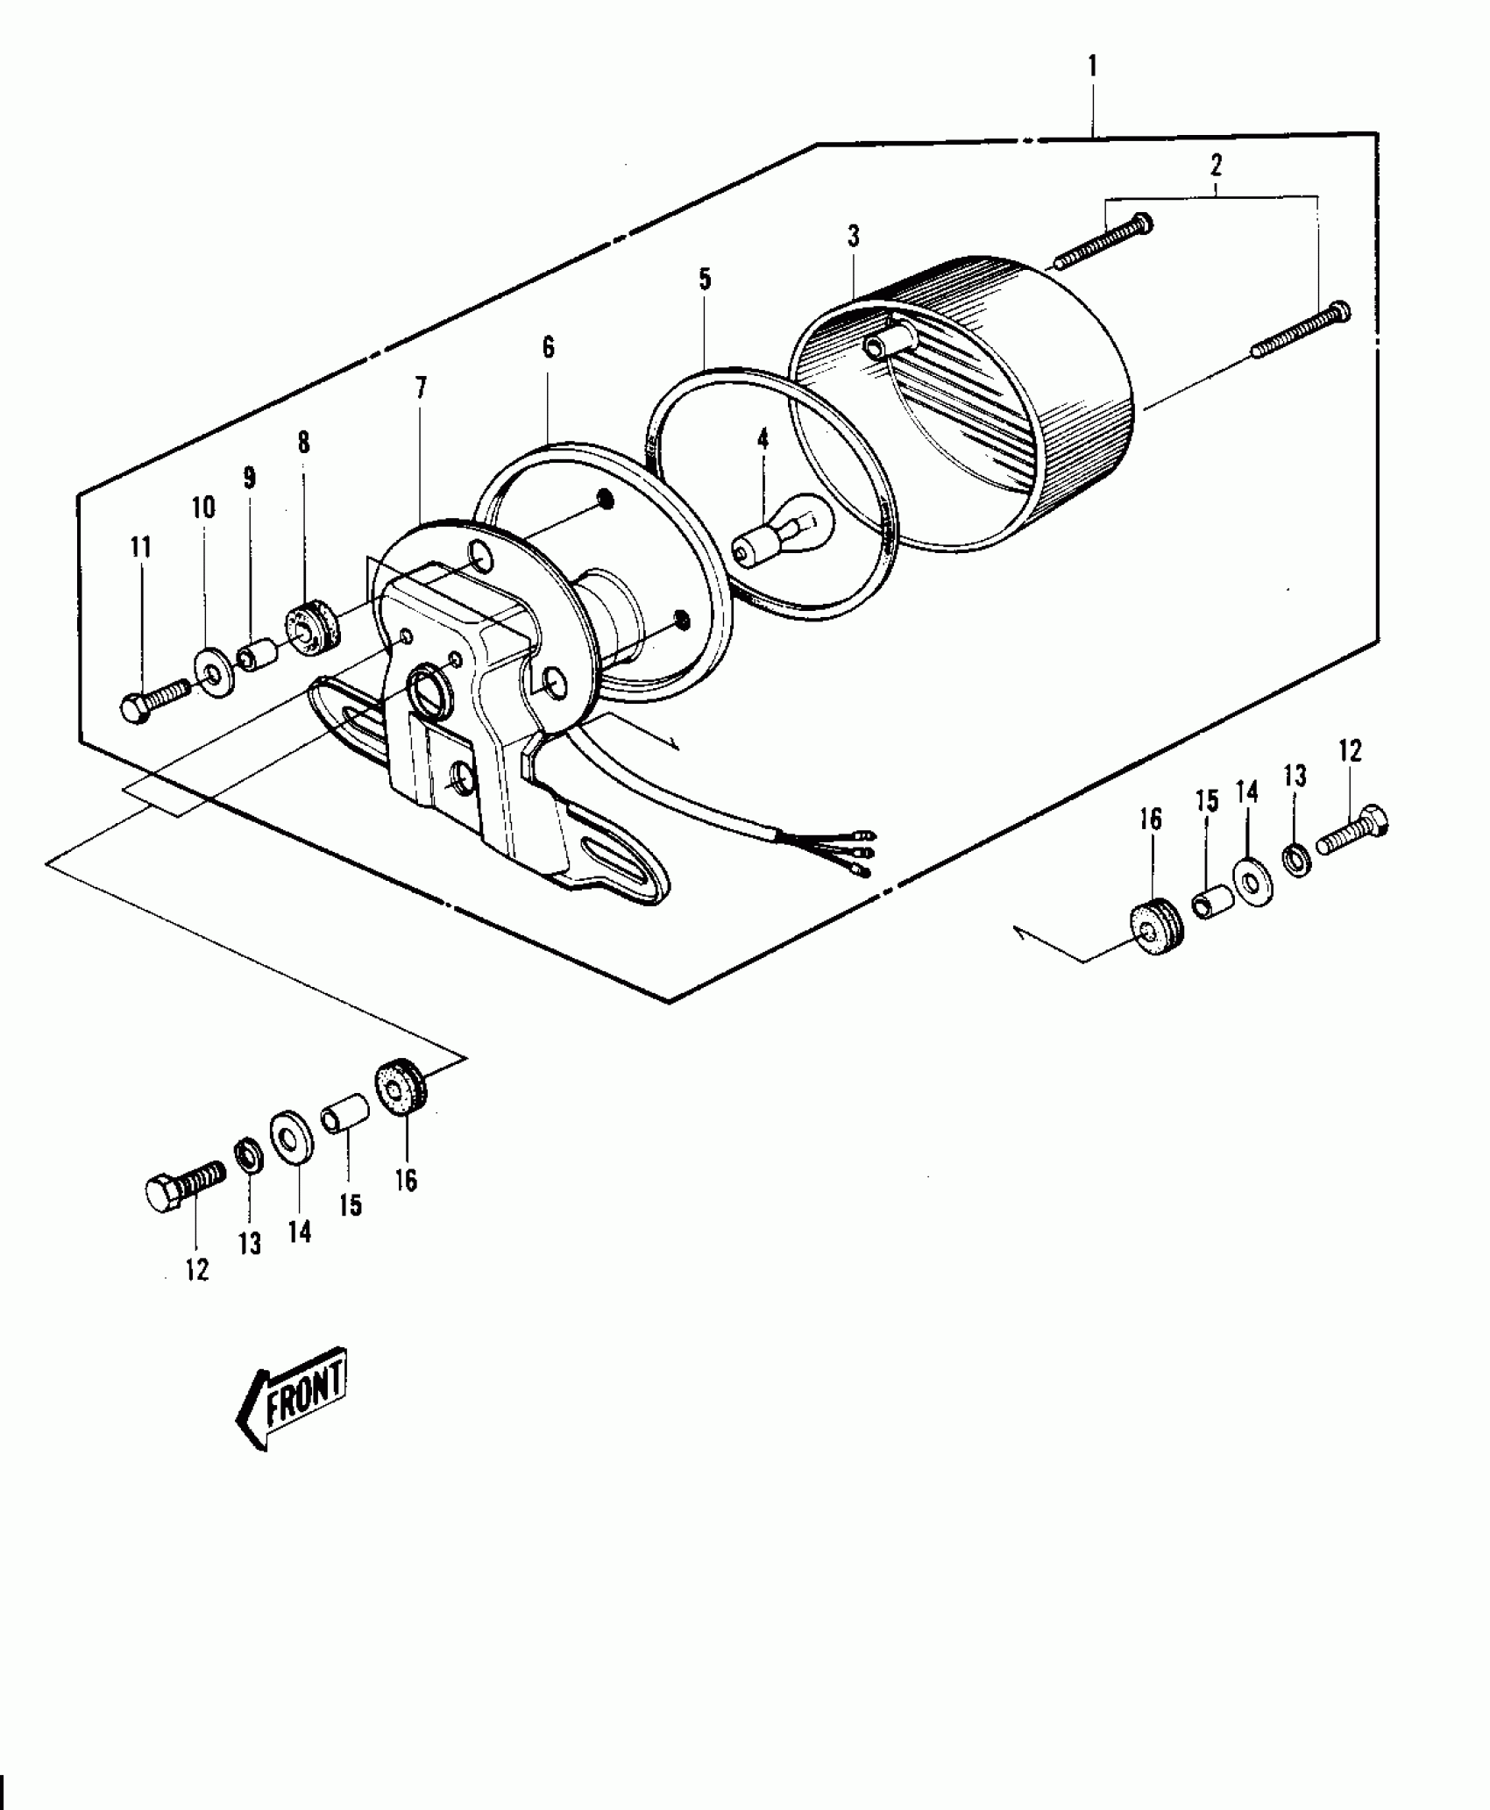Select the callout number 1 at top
pyautogui.click(x=1092, y=66)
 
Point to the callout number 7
pyautogui.click(x=421, y=387)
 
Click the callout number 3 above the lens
pyautogui.click(x=853, y=236)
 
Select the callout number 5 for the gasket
pyautogui.click(x=705, y=280)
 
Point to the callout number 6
pyautogui.click(x=548, y=347)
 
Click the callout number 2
pyautogui.click(x=1216, y=164)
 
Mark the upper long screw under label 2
pyautogui.click(x=1104, y=241)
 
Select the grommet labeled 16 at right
pyautogui.click(x=1153, y=926)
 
